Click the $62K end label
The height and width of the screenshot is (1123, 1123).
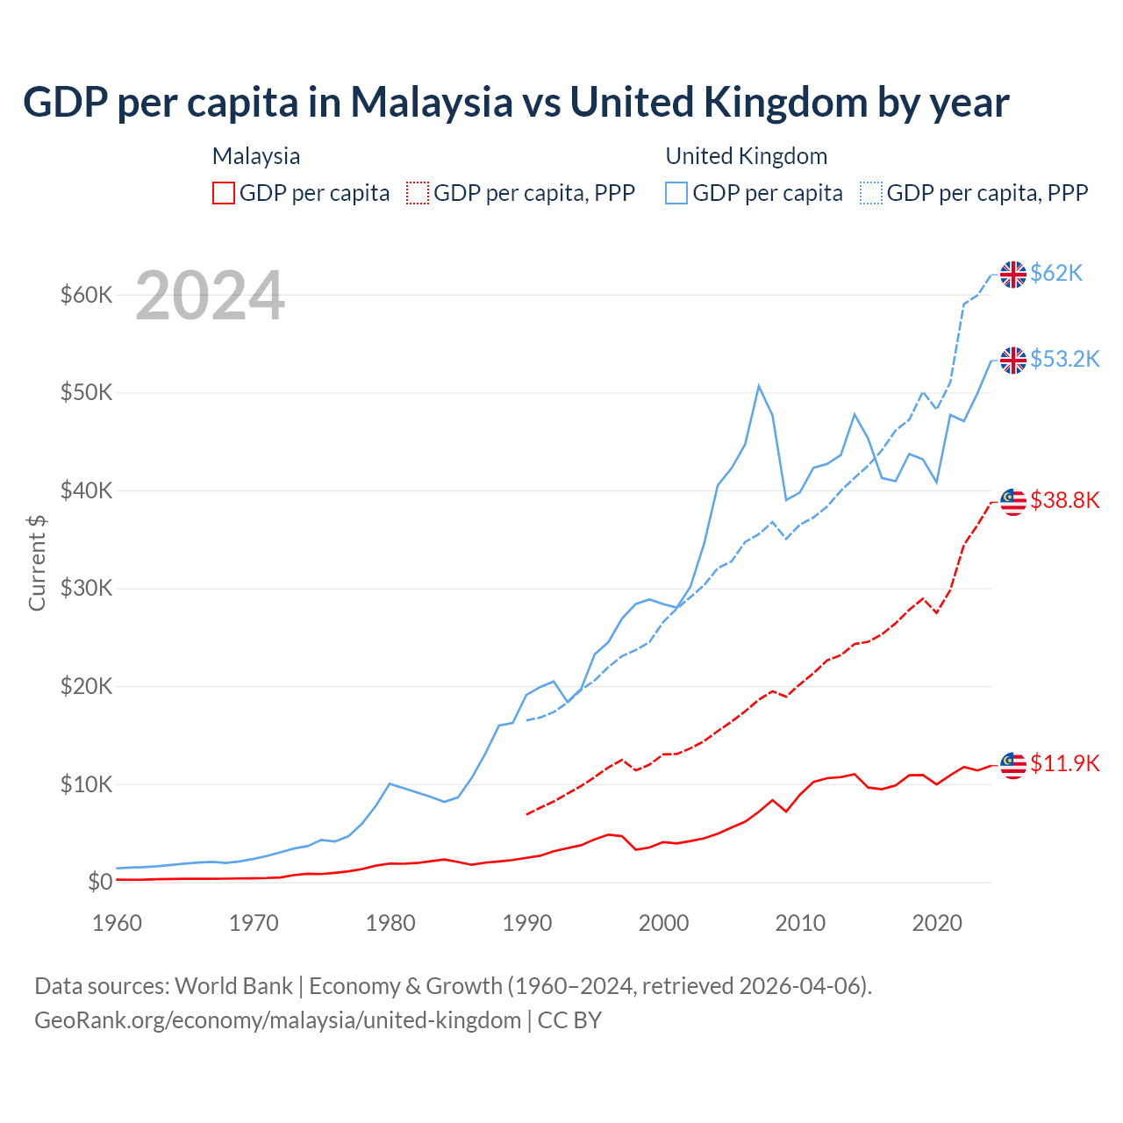(1056, 274)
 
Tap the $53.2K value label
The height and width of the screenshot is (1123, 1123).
(1064, 360)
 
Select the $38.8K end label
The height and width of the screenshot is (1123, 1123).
(1064, 501)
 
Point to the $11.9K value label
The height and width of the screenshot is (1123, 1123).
(1064, 764)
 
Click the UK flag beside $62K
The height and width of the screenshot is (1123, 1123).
(1013, 275)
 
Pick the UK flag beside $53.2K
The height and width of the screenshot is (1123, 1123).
(1013, 361)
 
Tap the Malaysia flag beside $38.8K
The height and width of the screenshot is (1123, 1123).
(1013, 502)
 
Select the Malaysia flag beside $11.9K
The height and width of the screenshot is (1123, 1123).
(1013, 765)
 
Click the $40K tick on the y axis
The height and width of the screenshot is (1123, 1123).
(86, 491)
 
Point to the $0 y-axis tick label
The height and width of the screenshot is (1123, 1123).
(100, 883)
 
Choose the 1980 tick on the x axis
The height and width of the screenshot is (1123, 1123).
(390, 923)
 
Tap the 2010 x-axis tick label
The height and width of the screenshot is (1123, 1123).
(800, 923)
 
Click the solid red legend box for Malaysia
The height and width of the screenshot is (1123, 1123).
(224, 193)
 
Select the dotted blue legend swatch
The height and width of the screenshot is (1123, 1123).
(871, 193)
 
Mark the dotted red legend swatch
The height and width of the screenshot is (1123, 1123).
(418, 193)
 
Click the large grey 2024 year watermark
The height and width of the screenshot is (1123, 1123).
(210, 296)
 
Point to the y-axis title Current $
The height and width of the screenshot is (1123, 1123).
(37, 562)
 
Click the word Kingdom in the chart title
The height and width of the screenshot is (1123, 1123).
(785, 103)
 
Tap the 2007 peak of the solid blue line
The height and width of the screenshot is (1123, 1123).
(759, 385)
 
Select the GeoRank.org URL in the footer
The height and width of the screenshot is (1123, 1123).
(277, 1020)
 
